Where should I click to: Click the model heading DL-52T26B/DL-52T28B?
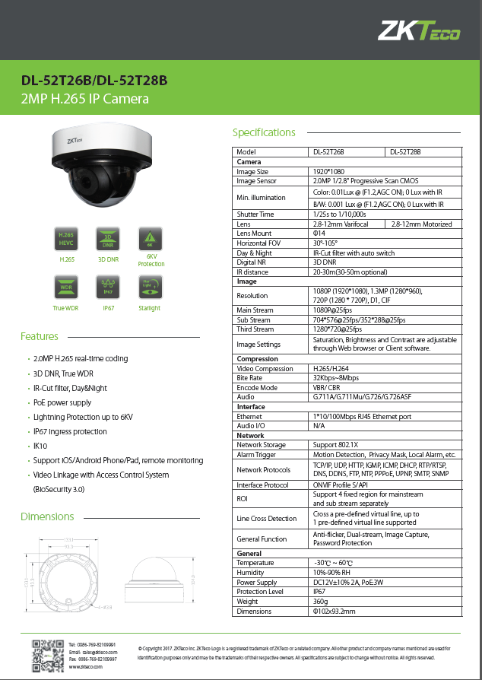coord(94,81)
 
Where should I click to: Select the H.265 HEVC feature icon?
coord(66,237)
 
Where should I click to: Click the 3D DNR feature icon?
coord(108,237)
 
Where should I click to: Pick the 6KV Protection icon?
coord(150,237)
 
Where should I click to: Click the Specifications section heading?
coord(264,133)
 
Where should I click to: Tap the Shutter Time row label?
coord(255,214)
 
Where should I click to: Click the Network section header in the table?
coord(251,436)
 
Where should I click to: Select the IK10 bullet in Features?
coord(40,446)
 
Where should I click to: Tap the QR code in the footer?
coord(45,655)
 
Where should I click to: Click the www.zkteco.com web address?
coord(85,666)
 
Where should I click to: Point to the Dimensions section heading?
coord(47,517)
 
